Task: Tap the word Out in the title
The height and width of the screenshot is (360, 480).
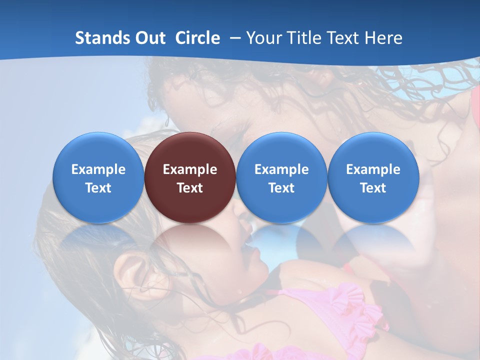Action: [x=149, y=38]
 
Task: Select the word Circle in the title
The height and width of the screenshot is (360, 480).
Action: [x=197, y=38]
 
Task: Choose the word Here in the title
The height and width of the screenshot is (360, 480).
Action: [x=383, y=38]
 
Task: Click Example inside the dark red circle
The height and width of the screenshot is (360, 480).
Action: [x=190, y=169]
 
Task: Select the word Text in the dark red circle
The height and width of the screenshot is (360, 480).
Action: [x=190, y=188]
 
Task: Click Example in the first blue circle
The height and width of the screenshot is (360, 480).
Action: [x=98, y=169]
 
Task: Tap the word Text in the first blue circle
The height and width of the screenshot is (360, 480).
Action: [x=98, y=188]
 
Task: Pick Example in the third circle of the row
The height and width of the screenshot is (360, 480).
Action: [x=281, y=169]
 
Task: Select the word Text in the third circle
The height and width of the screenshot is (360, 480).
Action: [x=281, y=188]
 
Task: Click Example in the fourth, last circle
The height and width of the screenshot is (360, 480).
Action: [x=373, y=169]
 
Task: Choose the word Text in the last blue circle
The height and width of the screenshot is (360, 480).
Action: [x=373, y=188]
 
